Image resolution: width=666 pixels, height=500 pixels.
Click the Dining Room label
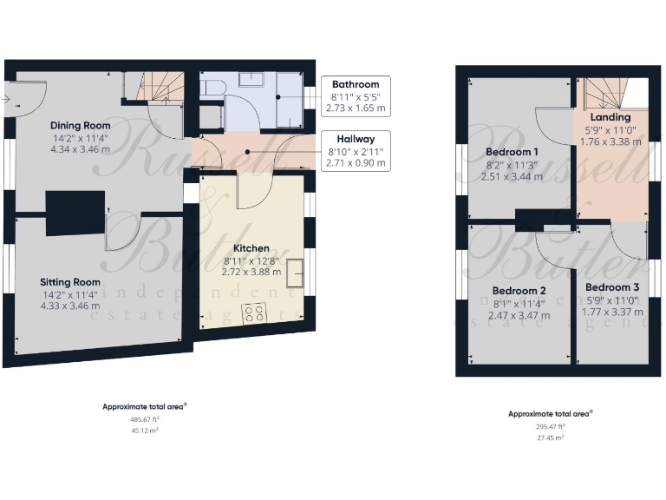(x=81, y=124)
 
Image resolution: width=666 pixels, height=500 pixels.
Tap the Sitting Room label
(x=69, y=282)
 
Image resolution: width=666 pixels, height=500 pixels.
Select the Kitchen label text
(x=251, y=248)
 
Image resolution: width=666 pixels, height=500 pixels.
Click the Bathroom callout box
(x=356, y=96)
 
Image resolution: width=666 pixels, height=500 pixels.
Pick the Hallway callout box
(x=356, y=150)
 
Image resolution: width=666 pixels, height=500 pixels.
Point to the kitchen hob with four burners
(x=255, y=313)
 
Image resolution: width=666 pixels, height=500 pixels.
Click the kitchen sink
(x=295, y=272)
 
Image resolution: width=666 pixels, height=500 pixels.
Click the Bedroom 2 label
(x=519, y=291)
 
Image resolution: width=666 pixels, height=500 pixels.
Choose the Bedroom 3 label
(x=612, y=287)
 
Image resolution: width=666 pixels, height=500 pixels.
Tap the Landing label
(x=610, y=117)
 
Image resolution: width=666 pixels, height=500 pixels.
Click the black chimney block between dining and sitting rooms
(x=75, y=213)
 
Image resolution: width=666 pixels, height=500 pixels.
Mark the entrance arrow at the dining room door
(x=7, y=101)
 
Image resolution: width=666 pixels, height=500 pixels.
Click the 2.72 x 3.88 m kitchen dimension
(x=251, y=272)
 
